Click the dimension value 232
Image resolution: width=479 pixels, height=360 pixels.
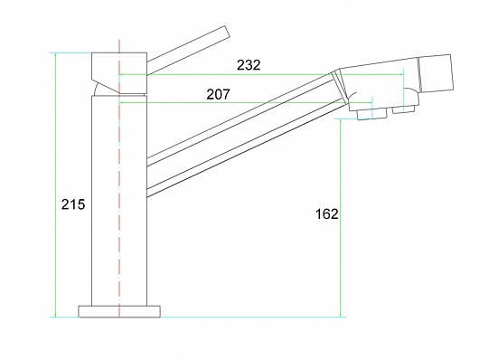tap(249, 65)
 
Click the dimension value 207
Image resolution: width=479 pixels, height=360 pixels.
tap(218, 94)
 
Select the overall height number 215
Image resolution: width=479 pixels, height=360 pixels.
tap(73, 204)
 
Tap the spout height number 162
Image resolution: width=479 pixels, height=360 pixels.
tap(327, 214)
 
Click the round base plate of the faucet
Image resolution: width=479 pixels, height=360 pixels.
tap(119, 311)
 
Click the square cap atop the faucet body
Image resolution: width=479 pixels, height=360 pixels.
tap(119, 72)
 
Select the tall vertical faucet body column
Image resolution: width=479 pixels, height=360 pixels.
tap(119, 201)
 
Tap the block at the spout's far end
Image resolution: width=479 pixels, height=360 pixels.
tap(436, 74)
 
